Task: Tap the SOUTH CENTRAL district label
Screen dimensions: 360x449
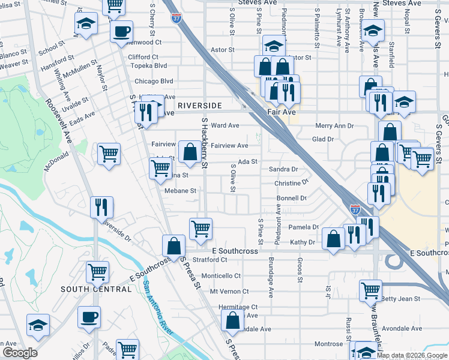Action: [x=96, y=289]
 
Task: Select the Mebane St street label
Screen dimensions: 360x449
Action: [x=180, y=191]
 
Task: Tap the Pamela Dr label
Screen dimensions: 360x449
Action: [x=303, y=227]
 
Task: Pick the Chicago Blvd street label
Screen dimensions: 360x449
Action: [x=154, y=82]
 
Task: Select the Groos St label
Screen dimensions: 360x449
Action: [x=299, y=270]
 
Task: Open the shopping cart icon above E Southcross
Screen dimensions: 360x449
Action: [x=200, y=227]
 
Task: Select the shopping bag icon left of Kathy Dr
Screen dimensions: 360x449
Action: [x=333, y=238]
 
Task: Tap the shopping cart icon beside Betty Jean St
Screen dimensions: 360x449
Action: [x=370, y=290]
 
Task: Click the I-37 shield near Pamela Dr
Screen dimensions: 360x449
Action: [x=355, y=210]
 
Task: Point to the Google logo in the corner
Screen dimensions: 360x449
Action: [x=20, y=352]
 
